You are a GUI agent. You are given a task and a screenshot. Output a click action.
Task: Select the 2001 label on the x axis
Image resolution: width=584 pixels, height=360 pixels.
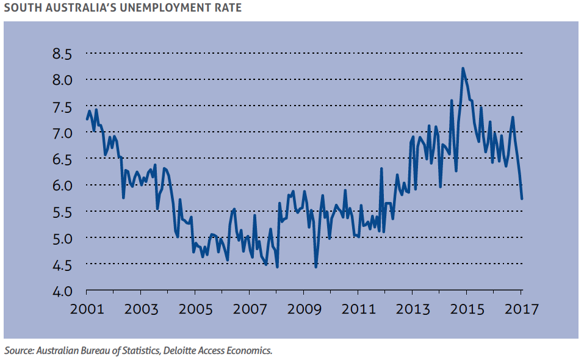click(x=86, y=309)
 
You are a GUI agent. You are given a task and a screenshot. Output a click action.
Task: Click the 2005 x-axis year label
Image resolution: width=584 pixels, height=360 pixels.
click(x=195, y=309)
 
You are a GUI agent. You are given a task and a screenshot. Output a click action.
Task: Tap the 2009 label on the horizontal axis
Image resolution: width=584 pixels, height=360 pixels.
click(x=304, y=309)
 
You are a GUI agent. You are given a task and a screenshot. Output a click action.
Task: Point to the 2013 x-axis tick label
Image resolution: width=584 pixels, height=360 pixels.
click(x=413, y=309)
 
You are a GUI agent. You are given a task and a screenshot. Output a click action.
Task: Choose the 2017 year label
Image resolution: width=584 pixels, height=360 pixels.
click(x=521, y=309)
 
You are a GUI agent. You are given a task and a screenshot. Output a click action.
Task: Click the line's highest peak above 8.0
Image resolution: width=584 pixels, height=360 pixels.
click(x=463, y=68)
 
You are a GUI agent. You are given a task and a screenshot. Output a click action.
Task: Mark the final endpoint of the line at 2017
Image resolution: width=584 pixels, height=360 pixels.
click(x=522, y=198)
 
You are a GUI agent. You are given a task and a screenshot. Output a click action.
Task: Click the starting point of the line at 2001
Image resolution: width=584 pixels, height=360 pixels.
click(x=87, y=119)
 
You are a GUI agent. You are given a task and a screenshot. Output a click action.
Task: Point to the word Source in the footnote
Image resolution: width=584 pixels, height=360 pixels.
click(x=18, y=351)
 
